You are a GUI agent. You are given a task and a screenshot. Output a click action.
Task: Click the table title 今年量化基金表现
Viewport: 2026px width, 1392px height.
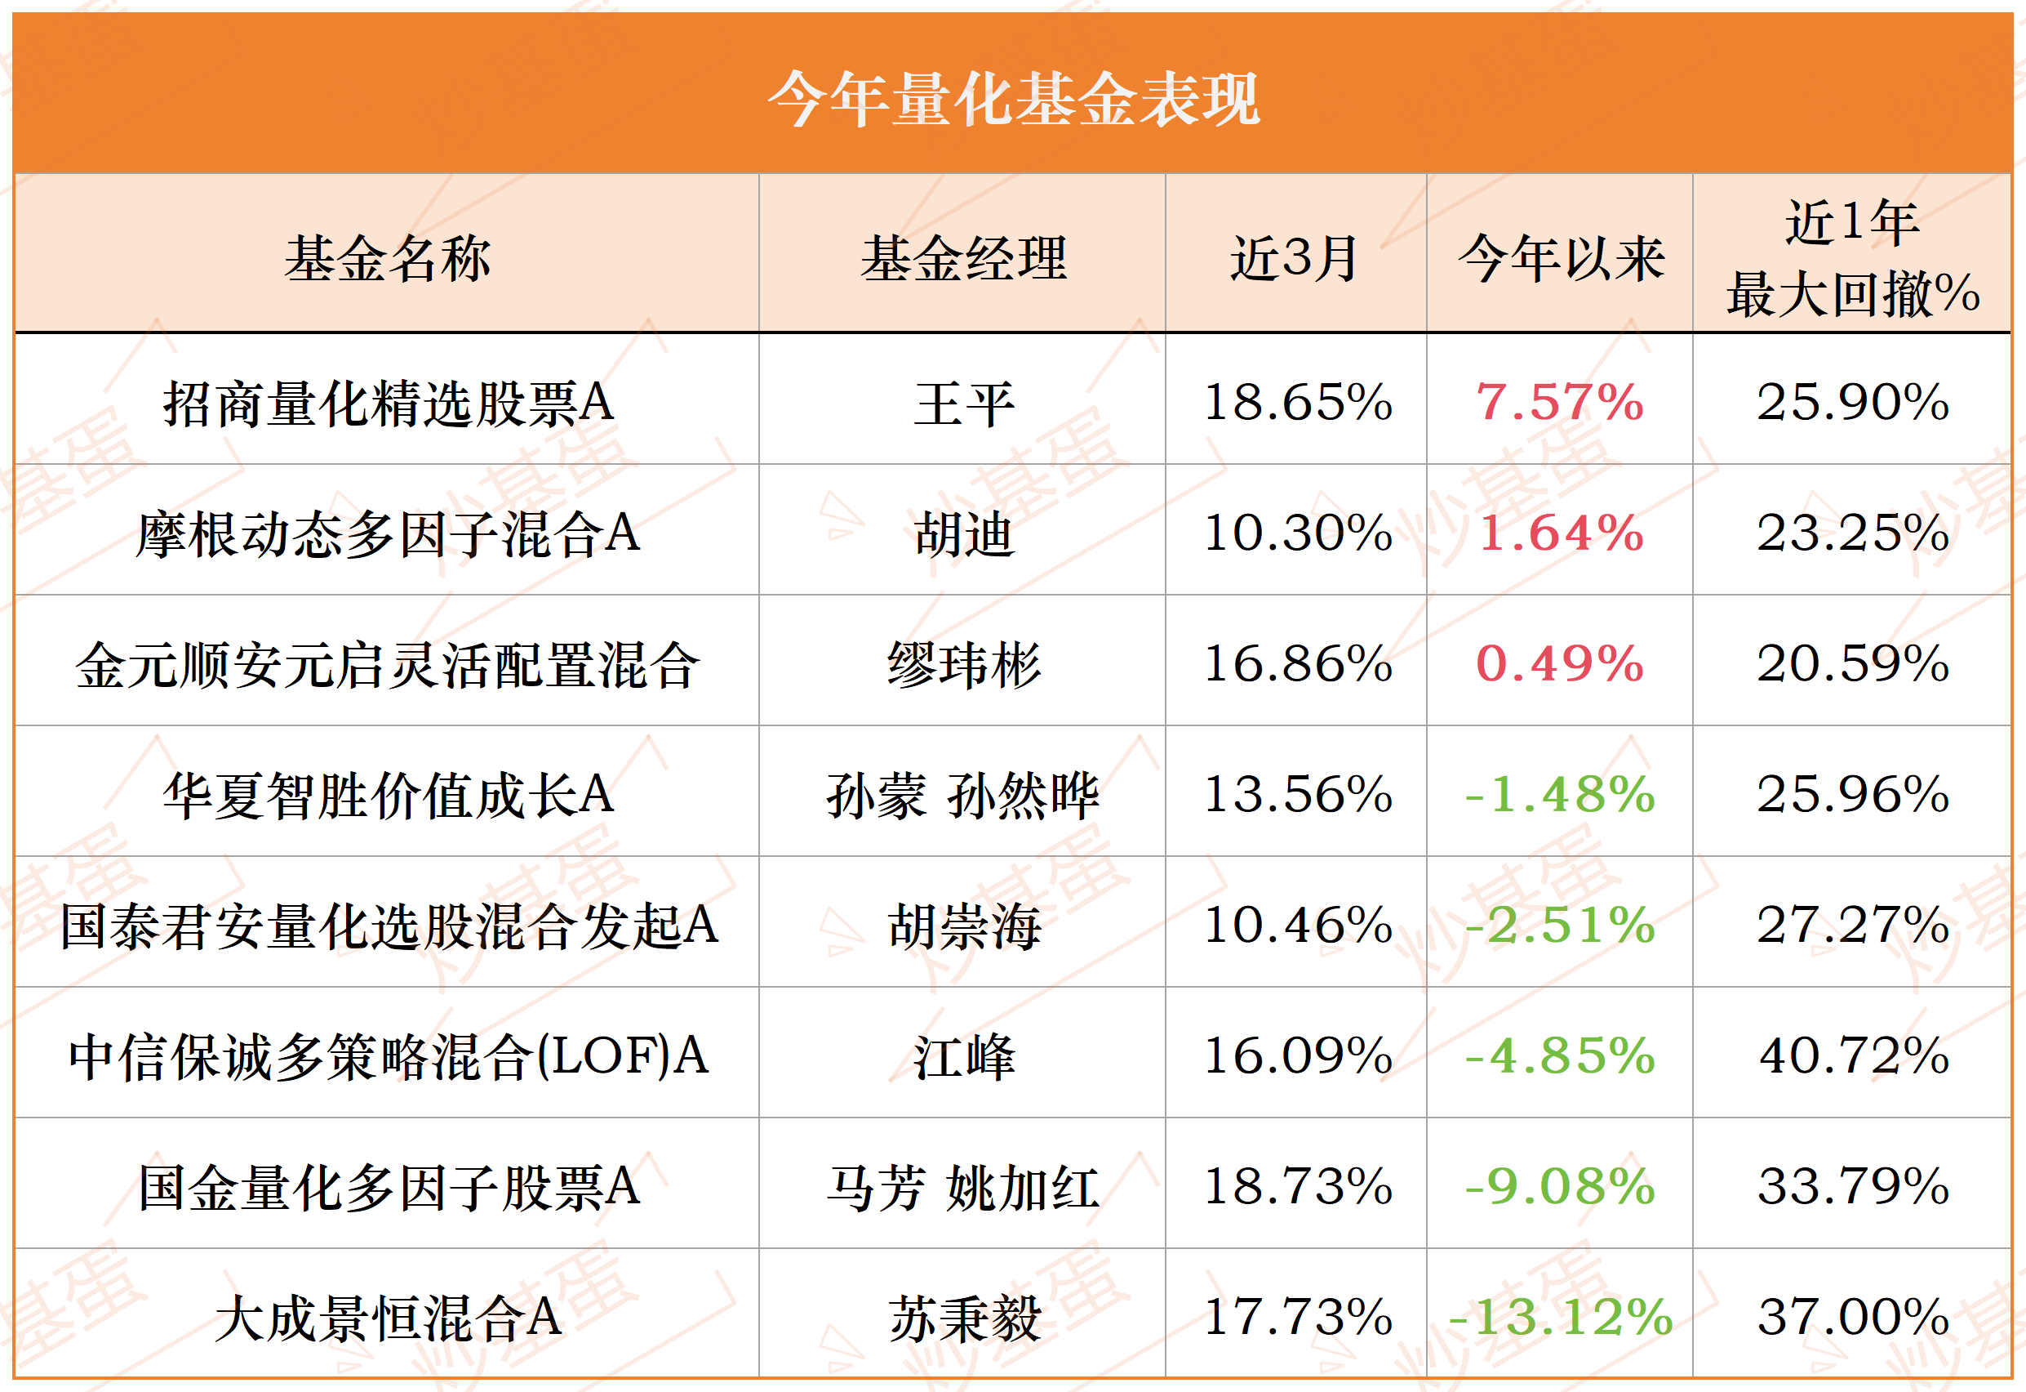coord(1013,99)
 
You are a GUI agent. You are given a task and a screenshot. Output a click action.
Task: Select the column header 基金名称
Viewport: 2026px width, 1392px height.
coord(387,258)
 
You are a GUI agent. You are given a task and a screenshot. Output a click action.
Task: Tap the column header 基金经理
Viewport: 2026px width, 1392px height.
coord(963,258)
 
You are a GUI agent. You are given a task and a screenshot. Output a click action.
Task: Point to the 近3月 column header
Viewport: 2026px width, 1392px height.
coord(1295,258)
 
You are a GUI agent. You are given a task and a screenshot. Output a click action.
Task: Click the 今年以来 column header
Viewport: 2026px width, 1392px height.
coord(1561,258)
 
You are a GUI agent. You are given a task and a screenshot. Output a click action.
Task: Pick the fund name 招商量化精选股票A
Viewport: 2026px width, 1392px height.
coord(388,404)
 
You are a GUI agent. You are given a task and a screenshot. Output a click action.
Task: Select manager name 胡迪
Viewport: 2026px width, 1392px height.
coord(963,533)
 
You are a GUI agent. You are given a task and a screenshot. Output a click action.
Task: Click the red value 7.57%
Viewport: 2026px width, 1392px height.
coord(1560,403)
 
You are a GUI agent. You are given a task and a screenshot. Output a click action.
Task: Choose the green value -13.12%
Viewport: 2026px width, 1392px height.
coord(1561,1318)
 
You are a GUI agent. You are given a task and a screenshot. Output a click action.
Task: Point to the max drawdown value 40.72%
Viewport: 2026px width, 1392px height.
coord(1854,1056)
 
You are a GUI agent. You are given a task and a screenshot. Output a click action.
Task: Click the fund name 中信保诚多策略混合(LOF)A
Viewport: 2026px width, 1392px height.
coord(388,1057)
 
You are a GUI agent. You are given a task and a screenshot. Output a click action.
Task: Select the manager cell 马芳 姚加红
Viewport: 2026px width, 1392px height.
coord(963,1188)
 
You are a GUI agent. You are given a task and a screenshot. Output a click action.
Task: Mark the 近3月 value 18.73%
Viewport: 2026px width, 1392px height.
coord(1298,1187)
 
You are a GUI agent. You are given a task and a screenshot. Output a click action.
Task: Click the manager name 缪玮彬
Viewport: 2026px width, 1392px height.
coord(963,665)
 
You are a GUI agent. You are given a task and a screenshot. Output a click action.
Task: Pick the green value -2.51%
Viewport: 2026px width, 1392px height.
coord(1561,926)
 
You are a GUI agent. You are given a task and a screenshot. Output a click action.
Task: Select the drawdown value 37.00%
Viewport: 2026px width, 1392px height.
coord(1854,1318)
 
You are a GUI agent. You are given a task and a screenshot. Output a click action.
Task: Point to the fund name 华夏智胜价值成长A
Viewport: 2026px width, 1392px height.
coord(388,796)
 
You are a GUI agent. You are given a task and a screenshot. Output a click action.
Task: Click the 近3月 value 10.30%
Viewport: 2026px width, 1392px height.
coord(1298,533)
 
